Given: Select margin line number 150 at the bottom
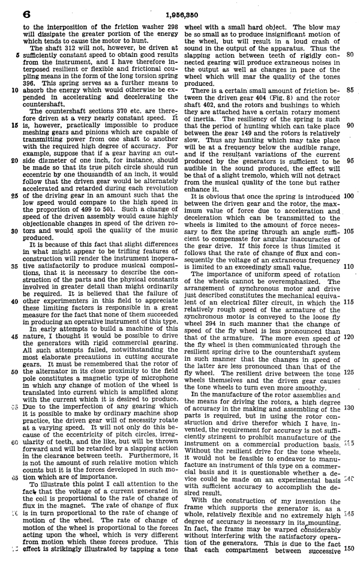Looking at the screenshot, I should pos(347,549).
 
